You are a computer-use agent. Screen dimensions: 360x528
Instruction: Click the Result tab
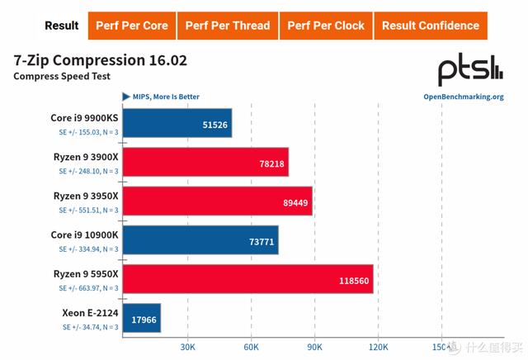coord(62,26)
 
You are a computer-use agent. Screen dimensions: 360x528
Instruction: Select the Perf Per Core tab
coord(131,26)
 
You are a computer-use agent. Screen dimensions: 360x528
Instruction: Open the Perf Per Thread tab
coord(227,26)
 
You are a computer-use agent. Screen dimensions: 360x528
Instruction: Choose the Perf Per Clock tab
coord(326,26)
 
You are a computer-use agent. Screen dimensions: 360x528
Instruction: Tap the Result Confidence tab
coord(430,26)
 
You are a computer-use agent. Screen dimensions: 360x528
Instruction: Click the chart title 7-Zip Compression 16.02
coord(100,60)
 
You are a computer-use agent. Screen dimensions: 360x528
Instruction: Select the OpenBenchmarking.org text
coord(463,97)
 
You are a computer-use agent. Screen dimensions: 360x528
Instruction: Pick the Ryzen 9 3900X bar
coord(205,163)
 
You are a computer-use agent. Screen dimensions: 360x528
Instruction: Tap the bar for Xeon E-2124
coord(141,318)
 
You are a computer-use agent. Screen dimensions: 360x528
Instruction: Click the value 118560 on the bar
coord(353,280)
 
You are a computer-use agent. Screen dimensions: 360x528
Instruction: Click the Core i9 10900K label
coord(84,234)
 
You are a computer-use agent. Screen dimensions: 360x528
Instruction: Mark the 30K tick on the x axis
coord(186,347)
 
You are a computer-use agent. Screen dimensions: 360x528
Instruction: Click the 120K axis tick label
coord(378,347)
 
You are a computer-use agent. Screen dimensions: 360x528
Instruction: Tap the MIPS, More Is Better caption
coord(166,97)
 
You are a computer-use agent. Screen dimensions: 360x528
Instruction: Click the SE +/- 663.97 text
coord(88,288)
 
